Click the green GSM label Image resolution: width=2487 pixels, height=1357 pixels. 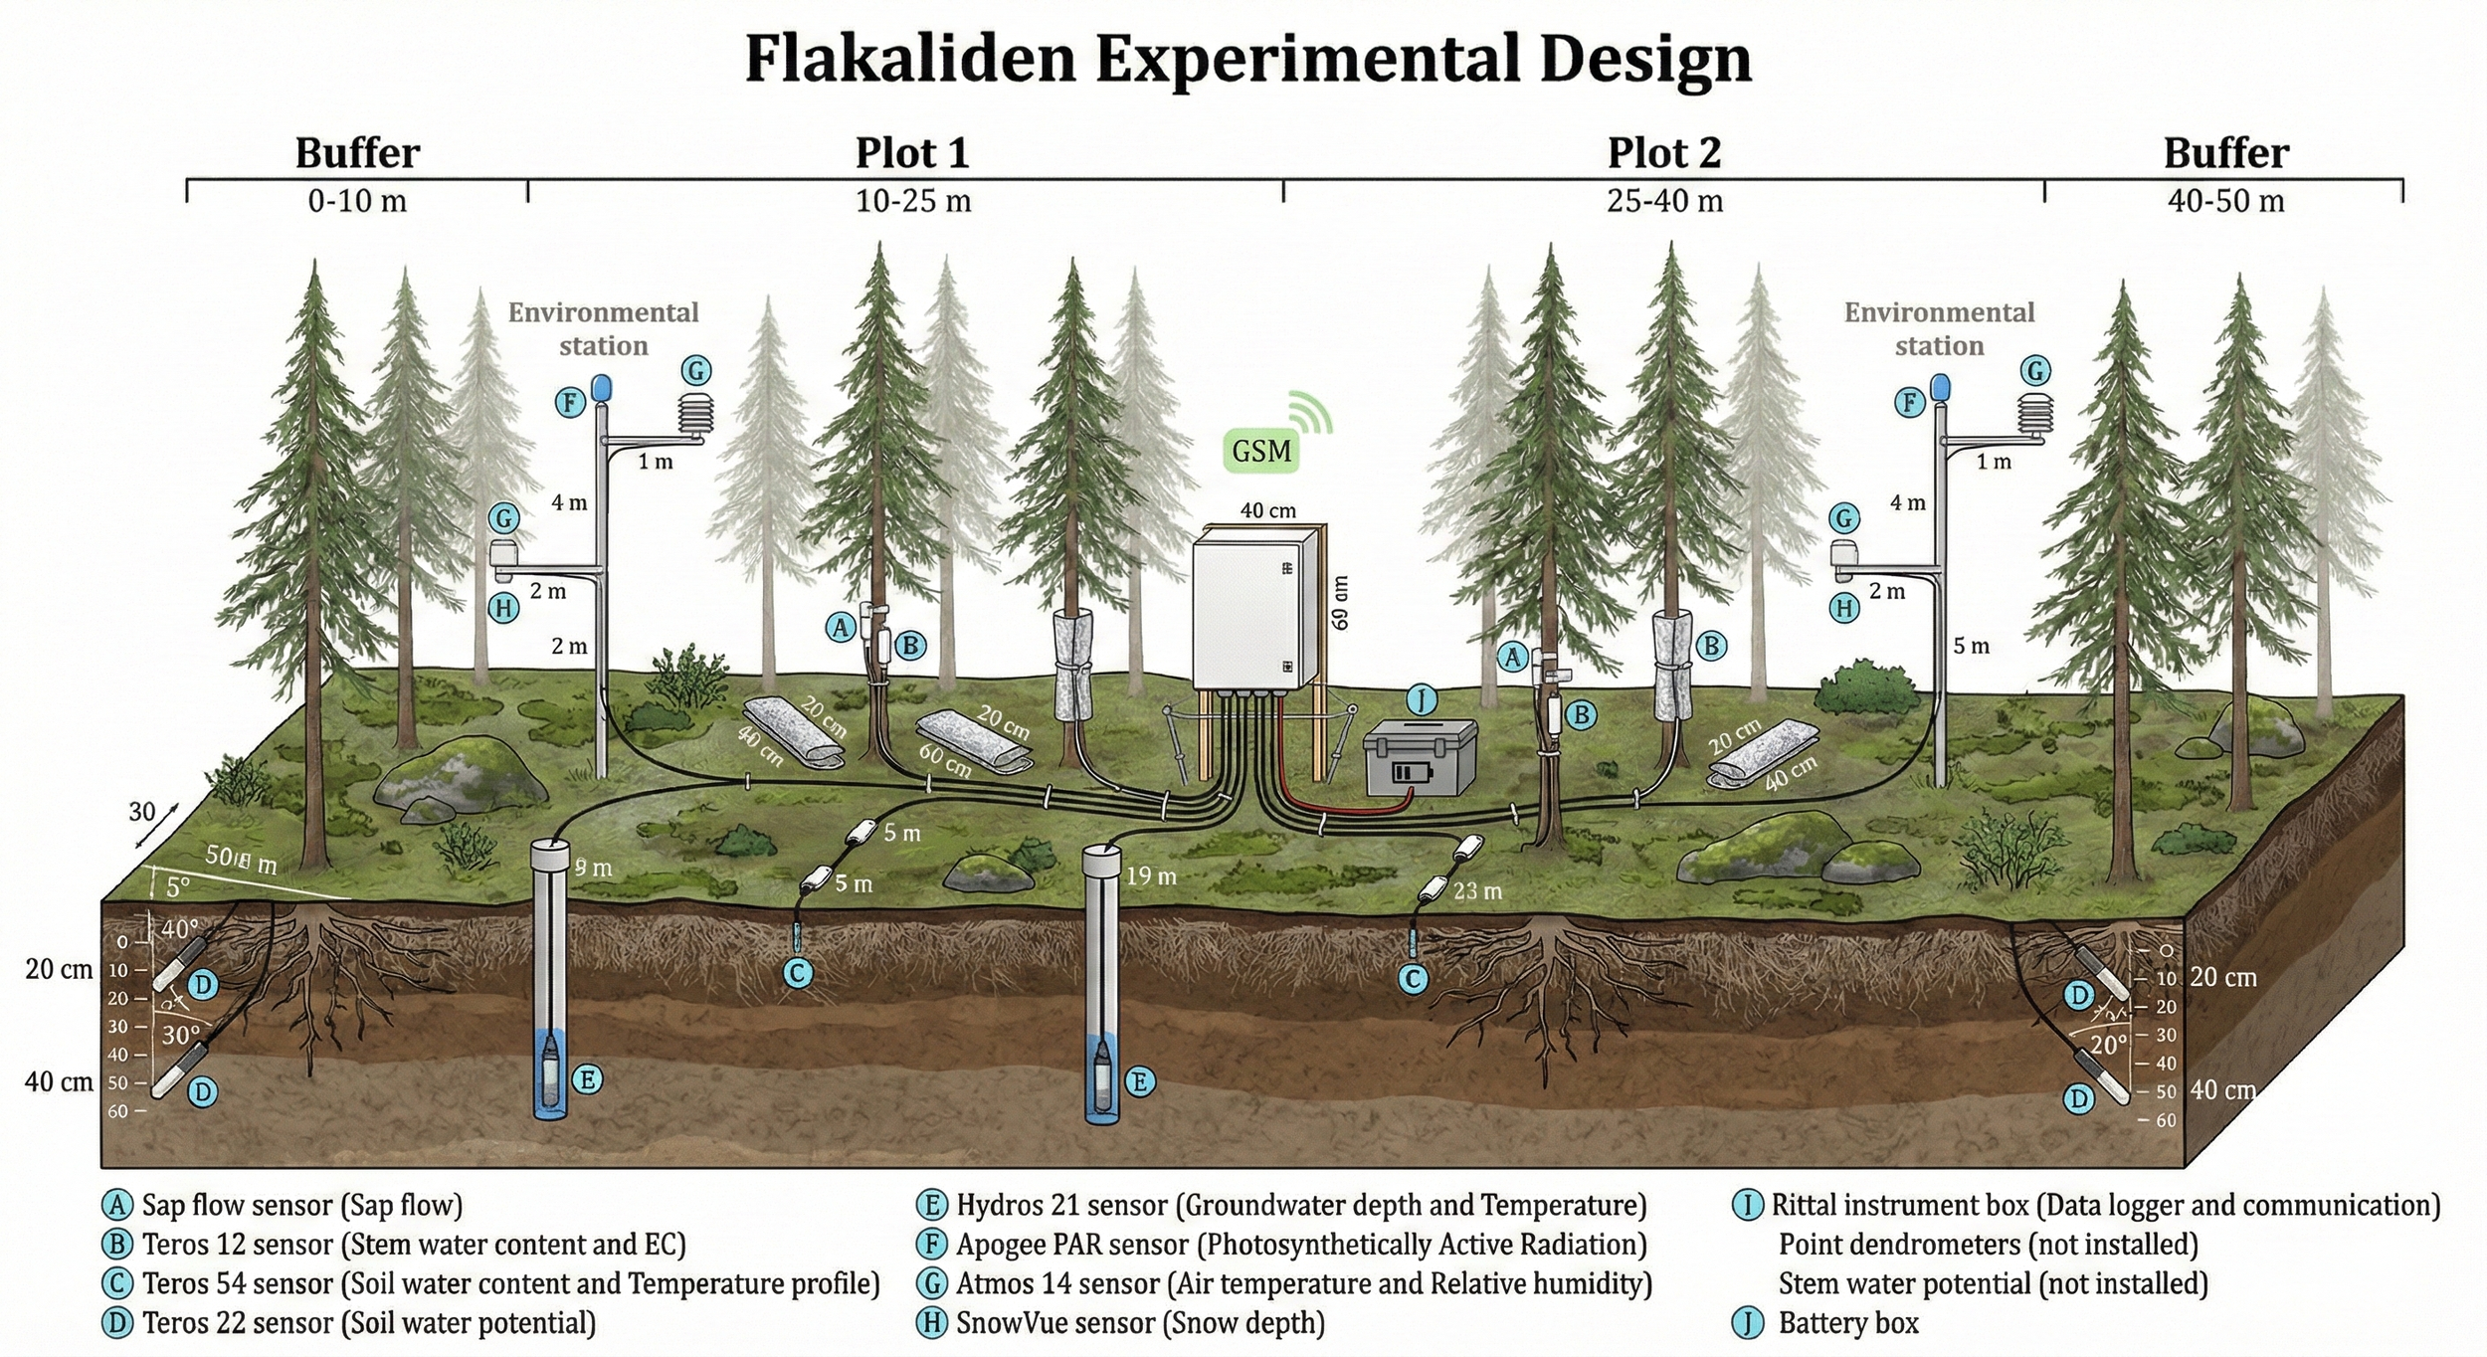1260,451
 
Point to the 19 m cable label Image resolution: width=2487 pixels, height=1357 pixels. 1151,876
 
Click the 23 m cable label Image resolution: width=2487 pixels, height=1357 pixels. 1477,891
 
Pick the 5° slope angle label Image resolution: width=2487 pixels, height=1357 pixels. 177,886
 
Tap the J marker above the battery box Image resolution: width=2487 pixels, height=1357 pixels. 1422,700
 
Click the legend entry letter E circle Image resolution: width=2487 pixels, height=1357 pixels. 931,1206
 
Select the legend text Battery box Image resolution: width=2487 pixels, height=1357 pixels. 1847,1323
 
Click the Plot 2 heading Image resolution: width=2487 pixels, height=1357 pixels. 1663,153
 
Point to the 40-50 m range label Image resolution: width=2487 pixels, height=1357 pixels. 2225,201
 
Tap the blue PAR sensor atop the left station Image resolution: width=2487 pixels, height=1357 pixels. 601,388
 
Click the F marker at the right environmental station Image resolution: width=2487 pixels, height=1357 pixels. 1909,403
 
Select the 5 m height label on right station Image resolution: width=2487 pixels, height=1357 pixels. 1971,646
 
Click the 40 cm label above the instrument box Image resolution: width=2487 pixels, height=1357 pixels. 1267,510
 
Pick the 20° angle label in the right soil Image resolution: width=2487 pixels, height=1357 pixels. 2108,1045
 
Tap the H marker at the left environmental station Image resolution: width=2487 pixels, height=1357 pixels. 503,608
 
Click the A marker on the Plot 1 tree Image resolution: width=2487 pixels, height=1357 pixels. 841,628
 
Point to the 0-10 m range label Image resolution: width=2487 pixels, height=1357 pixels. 357,201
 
